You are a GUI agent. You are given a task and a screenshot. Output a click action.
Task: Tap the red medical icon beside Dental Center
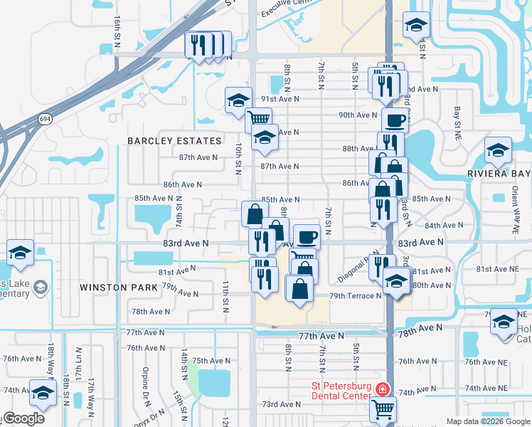coord(383,389)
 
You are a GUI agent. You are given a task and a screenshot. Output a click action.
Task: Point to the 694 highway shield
coord(45,118)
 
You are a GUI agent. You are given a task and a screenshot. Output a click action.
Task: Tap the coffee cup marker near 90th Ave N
coord(395,119)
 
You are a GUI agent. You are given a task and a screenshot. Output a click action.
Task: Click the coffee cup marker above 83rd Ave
coord(307,236)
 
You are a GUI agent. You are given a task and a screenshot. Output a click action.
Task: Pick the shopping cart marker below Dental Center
coord(383,409)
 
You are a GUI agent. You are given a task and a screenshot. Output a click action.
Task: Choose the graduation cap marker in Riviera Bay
coord(498,150)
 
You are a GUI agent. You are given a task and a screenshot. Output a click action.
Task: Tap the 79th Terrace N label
coord(355,295)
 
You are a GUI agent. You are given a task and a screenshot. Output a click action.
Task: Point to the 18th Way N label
coord(51,360)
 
